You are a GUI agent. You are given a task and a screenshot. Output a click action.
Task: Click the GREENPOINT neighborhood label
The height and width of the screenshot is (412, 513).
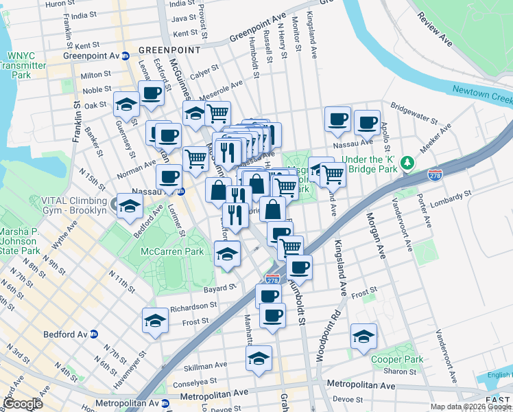[169, 50]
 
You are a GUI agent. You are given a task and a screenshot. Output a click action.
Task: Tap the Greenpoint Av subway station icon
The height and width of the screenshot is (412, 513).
[126, 56]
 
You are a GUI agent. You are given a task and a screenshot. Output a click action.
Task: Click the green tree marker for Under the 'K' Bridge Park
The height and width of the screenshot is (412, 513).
[408, 161]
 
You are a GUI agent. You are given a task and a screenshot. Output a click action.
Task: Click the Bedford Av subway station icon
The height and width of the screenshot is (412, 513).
[94, 334]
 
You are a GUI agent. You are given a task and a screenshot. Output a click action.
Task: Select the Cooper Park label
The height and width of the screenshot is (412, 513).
[397, 359]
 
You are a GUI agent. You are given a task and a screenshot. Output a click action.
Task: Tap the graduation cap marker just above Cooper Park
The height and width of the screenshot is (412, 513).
[363, 336]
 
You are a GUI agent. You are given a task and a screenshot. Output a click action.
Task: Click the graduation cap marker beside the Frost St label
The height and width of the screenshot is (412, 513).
[155, 320]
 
